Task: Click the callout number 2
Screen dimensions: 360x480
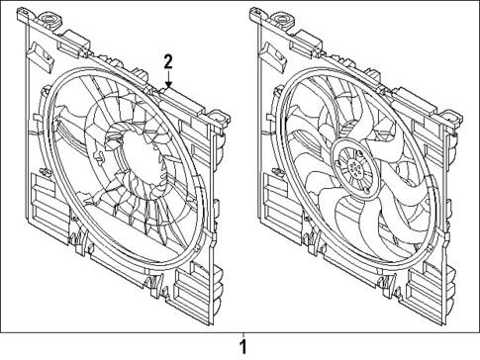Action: click(168, 61)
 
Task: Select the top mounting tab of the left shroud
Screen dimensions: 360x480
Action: click(45, 19)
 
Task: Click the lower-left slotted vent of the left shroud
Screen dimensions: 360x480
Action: click(43, 192)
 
